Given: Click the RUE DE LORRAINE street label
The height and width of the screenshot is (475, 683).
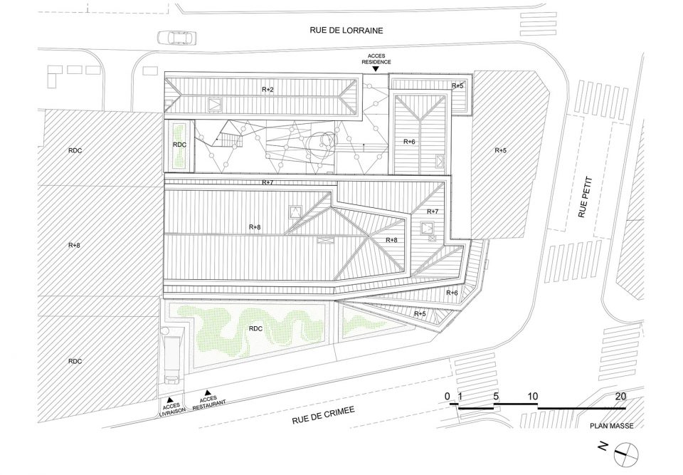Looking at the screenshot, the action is (x=346, y=30).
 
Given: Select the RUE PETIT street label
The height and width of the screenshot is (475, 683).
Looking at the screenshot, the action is (x=583, y=197).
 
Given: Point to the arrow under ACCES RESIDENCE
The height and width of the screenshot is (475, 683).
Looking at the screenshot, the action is (x=376, y=68).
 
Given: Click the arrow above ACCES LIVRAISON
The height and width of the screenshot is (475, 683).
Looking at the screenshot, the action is (x=171, y=399).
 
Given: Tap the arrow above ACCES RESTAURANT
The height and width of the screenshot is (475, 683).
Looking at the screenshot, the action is (x=207, y=392).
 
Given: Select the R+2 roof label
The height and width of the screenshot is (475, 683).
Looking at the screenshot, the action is (x=268, y=89).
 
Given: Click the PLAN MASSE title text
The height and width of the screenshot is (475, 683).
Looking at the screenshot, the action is (x=612, y=426).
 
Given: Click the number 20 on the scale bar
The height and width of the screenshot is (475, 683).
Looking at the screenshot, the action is (x=620, y=397).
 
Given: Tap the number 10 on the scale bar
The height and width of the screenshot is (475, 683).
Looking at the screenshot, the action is (x=532, y=397).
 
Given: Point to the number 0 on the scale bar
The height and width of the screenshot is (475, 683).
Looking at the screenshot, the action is (x=448, y=397).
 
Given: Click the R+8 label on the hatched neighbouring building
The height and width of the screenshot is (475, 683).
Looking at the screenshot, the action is (x=74, y=245).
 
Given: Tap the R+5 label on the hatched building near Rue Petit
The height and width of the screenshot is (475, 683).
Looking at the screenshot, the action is (x=501, y=150).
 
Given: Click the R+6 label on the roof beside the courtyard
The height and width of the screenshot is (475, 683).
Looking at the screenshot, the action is (x=410, y=142).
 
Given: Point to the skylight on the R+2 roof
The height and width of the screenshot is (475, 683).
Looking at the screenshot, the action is (x=215, y=104).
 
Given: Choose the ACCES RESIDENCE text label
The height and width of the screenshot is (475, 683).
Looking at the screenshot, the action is (x=376, y=59).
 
